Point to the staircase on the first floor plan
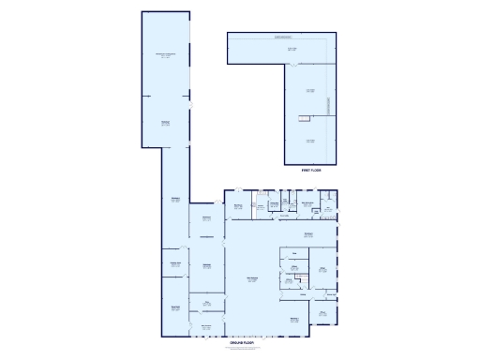point(305,117)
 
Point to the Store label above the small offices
point(293,253)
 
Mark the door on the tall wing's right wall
point(190,107)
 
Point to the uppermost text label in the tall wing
point(165,56)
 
